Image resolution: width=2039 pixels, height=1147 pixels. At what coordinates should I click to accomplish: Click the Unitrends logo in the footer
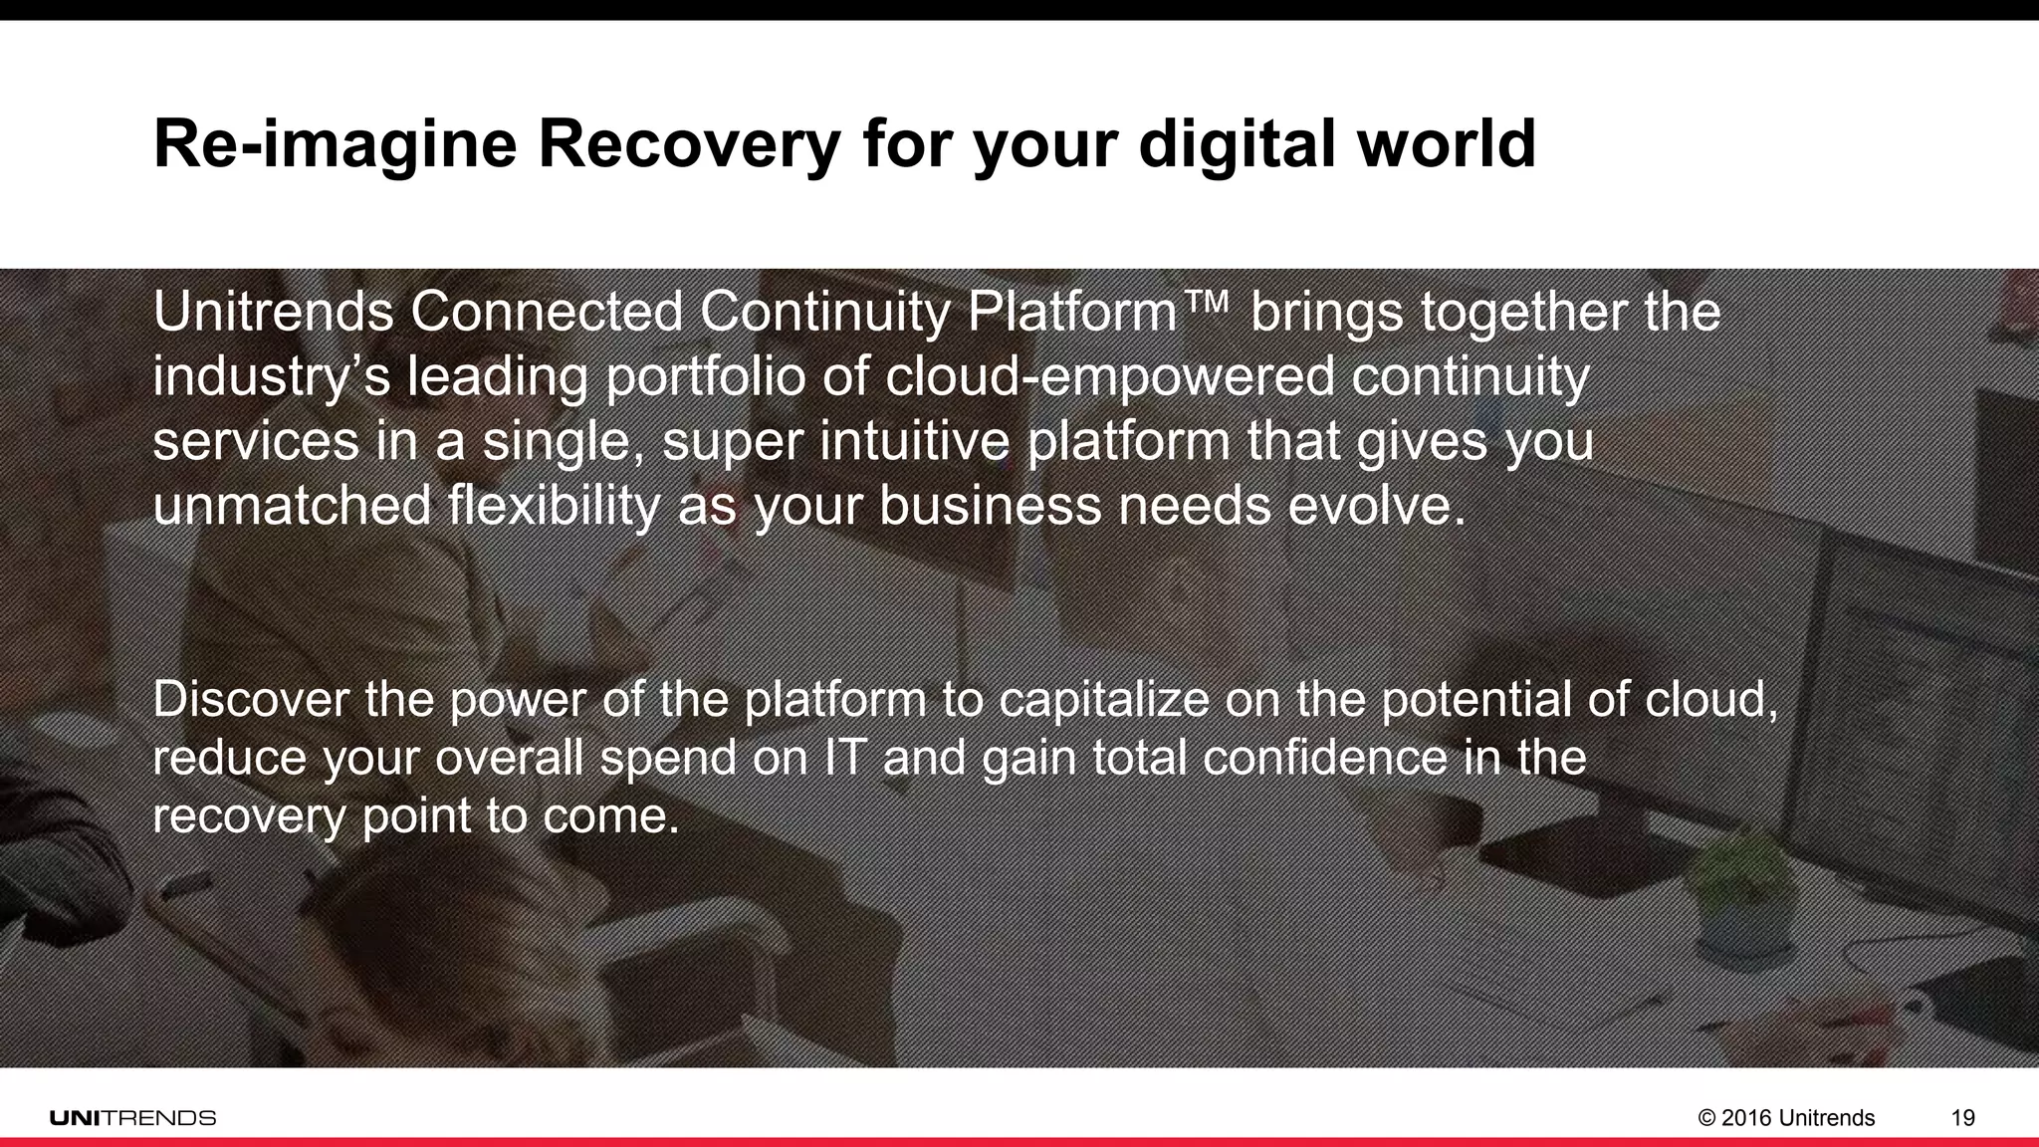(132, 1117)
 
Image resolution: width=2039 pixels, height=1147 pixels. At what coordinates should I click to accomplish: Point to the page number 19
(1962, 1118)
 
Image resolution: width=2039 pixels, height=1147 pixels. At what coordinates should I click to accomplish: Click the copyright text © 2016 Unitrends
(1786, 1118)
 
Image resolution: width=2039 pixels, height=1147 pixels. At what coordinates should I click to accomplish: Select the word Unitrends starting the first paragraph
(273, 313)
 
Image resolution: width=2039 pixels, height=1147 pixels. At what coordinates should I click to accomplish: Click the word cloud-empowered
(1109, 377)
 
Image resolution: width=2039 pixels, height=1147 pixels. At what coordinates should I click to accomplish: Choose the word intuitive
(915, 442)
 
